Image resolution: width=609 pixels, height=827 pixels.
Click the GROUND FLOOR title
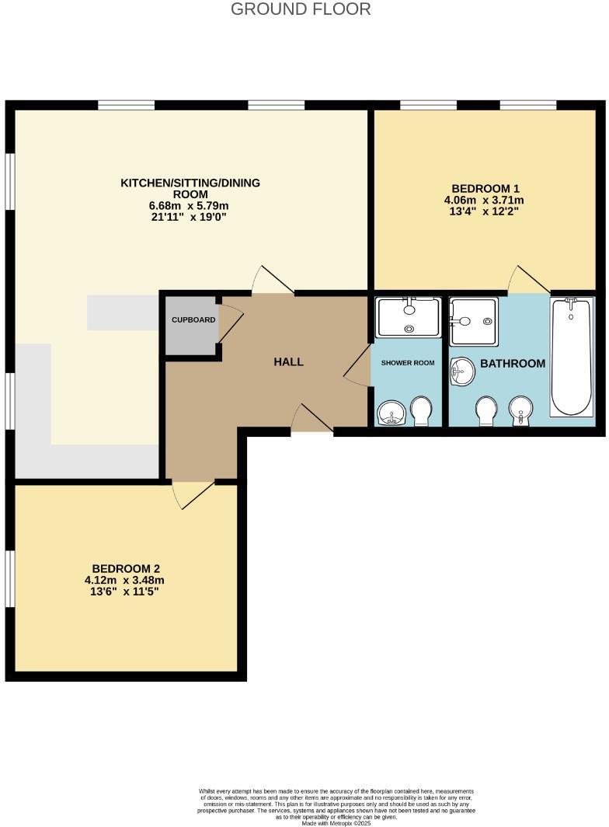(x=301, y=9)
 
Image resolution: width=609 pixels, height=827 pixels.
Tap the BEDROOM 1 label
(x=485, y=188)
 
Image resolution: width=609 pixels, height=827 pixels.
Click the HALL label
(x=288, y=361)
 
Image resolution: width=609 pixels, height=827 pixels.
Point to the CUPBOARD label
(x=193, y=319)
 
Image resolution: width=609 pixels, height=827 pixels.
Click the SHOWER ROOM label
(x=407, y=363)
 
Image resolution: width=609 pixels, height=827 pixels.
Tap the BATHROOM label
(x=512, y=363)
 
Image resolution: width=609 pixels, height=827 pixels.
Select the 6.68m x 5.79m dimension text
(x=189, y=205)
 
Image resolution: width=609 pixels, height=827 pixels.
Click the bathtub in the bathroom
(x=572, y=358)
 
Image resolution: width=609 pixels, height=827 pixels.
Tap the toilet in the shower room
(x=422, y=411)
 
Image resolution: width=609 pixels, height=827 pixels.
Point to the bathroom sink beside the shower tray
(x=463, y=371)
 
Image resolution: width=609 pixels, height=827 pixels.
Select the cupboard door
(x=230, y=323)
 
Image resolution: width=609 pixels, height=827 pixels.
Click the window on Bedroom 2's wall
(x=9, y=580)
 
